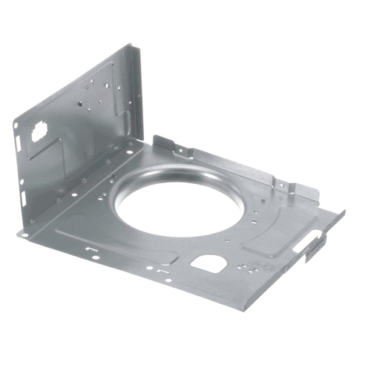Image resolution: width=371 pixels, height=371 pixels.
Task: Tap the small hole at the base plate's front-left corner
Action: click(24, 235)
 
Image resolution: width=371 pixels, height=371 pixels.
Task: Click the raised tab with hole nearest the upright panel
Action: click(179, 152)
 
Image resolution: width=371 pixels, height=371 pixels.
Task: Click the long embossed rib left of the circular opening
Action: click(111, 245)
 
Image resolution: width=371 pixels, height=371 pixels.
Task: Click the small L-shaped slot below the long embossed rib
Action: click(93, 255)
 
